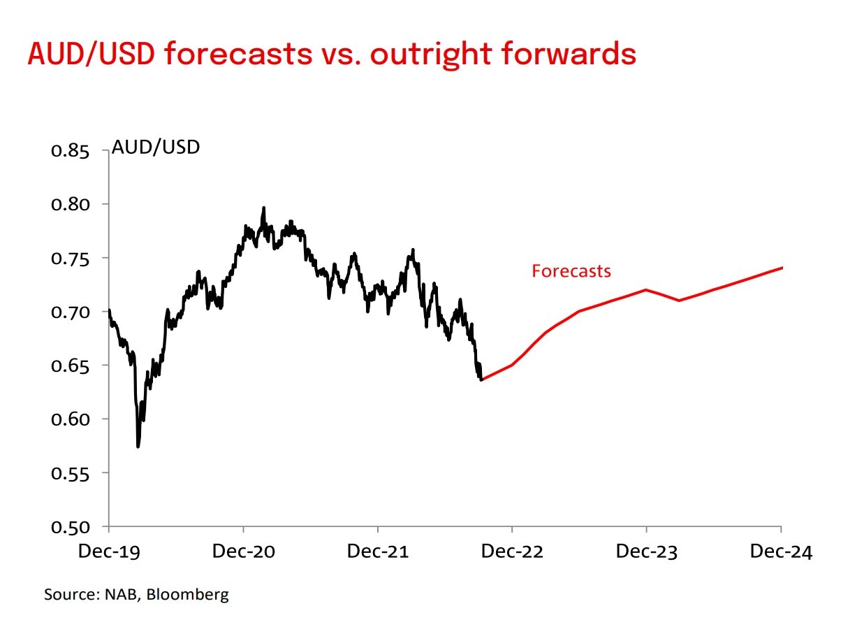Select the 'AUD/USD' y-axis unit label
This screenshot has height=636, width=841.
tap(156, 148)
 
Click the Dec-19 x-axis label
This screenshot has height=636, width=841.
tap(109, 552)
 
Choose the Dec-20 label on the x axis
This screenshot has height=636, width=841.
tap(243, 552)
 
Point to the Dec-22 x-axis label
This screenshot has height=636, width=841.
tap(512, 552)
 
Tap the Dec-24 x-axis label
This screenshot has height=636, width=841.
tap(781, 552)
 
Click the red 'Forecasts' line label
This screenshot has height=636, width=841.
tap(571, 271)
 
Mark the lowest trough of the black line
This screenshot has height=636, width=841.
tap(138, 447)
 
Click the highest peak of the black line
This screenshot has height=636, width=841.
tap(263, 208)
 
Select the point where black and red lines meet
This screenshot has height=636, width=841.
tap(481, 380)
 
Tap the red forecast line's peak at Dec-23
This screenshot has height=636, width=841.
tap(646, 289)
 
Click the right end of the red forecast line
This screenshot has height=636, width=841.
tap(781, 268)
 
